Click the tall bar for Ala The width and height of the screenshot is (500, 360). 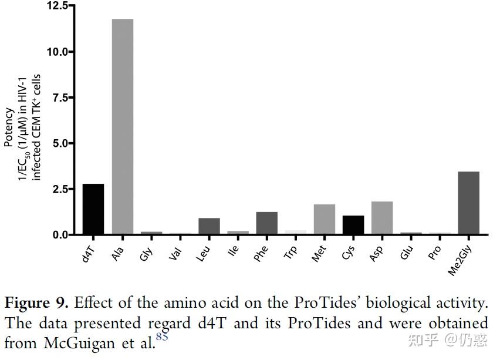click(x=122, y=126)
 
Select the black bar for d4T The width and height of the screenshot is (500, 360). click(x=93, y=209)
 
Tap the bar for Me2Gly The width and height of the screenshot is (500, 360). click(x=468, y=203)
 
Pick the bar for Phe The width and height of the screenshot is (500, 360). click(x=266, y=223)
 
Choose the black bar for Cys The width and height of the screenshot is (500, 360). click(x=353, y=225)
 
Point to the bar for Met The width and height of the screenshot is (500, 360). click(x=324, y=219)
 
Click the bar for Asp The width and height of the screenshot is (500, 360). click(x=381, y=218)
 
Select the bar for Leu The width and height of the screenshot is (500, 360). click(x=209, y=226)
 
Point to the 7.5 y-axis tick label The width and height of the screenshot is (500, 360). click(x=60, y=97)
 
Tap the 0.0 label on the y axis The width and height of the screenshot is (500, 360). click(x=60, y=235)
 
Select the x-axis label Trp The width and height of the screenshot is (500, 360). click(x=292, y=250)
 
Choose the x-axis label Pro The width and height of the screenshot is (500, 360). click(x=435, y=250)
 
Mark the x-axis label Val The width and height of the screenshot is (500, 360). click(x=176, y=250)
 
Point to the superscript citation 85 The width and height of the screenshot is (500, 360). click(x=162, y=337)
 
